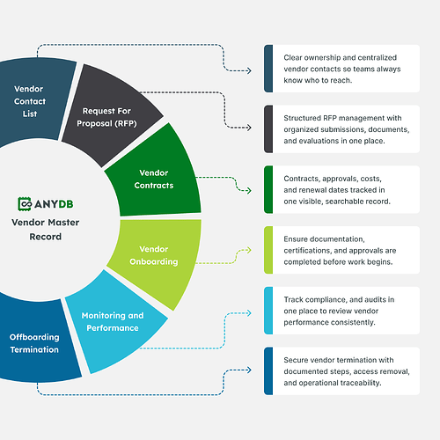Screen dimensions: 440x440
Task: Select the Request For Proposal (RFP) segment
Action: pos(112,117)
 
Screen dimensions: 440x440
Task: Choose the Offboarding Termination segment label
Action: pos(35,343)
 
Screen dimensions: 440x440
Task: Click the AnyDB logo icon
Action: pos(27,204)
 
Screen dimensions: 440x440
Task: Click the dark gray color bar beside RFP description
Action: pos(268,127)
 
